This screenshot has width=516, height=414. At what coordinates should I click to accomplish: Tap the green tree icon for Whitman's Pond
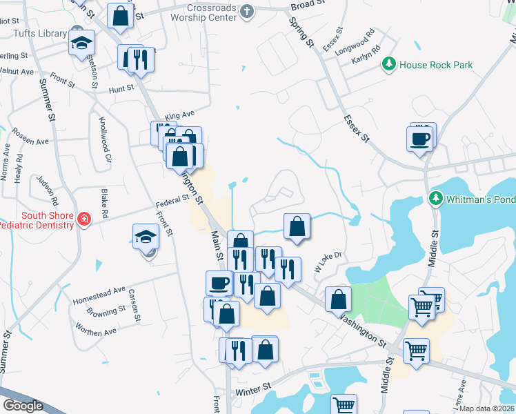[435, 199]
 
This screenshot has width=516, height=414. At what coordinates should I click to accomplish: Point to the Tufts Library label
[32, 33]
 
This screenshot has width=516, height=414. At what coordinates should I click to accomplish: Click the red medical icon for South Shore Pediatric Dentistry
[84, 219]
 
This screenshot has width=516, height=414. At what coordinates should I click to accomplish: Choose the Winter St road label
[251, 392]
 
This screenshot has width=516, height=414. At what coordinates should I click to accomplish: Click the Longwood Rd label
[354, 42]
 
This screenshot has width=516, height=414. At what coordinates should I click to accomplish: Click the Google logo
[22, 406]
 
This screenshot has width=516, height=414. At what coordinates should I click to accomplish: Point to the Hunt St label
[122, 88]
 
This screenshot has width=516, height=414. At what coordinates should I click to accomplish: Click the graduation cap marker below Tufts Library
[81, 42]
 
